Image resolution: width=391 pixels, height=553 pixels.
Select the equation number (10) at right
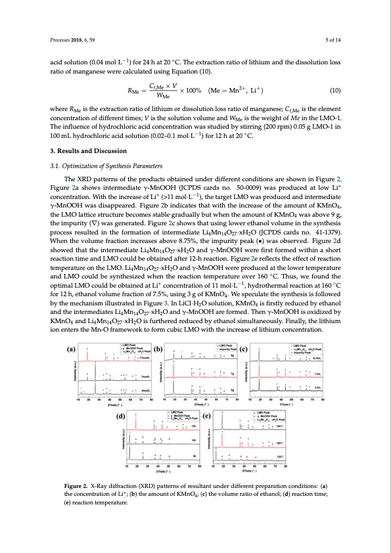tap(333, 92)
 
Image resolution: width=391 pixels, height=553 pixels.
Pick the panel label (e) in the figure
tap(207, 416)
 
